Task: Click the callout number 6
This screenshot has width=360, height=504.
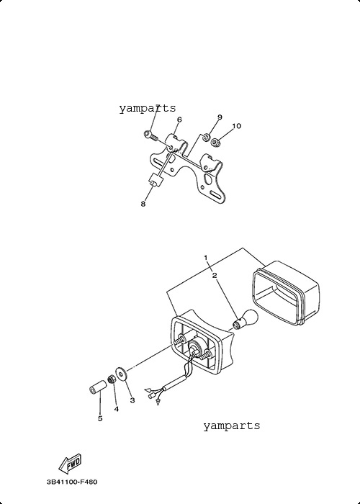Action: click(x=179, y=120)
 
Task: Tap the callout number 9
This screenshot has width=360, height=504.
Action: click(x=220, y=117)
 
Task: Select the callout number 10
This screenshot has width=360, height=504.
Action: click(x=236, y=126)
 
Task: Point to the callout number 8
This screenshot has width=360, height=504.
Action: click(x=143, y=204)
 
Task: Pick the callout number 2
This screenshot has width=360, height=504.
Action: click(x=215, y=275)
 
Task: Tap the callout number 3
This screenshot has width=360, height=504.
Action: click(x=132, y=400)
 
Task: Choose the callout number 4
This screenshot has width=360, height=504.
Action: click(x=116, y=409)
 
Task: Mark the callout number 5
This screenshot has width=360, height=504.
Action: click(x=100, y=418)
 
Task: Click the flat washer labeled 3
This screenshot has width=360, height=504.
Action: click(x=121, y=373)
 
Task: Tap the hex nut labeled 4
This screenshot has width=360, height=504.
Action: click(x=111, y=379)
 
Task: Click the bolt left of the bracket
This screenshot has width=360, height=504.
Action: click(x=150, y=135)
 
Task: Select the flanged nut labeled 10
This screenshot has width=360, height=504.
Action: click(x=215, y=141)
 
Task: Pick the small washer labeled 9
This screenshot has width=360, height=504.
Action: click(x=204, y=138)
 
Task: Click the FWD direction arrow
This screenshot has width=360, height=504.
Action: click(x=70, y=464)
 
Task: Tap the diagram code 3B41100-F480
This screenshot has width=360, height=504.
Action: click(x=72, y=482)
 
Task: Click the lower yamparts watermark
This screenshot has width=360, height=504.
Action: click(x=231, y=426)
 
